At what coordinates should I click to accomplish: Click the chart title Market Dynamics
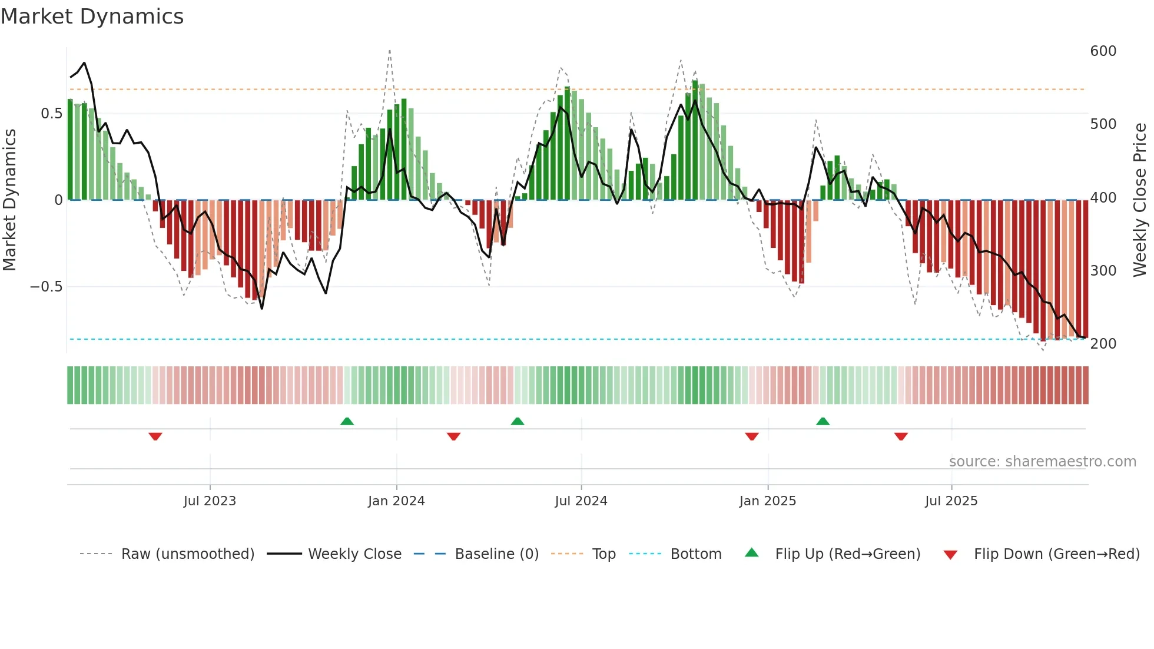point(92,16)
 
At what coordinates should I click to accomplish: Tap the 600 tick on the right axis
point(1103,51)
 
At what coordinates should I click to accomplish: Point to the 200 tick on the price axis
point(1103,344)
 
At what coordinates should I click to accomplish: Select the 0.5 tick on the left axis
point(51,114)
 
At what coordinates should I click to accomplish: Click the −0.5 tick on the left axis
point(47,287)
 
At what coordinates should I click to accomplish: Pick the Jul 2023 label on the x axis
point(210,501)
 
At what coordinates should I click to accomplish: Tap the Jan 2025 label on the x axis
point(767,501)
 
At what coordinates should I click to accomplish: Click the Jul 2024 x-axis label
point(581,501)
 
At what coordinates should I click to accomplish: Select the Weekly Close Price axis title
point(1140,200)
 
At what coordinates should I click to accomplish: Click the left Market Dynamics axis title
point(10,200)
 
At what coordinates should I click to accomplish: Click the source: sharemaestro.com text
point(1042,462)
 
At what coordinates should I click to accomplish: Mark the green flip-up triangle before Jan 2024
point(347,421)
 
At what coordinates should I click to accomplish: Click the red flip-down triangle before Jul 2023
point(155,436)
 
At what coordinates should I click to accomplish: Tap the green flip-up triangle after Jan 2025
point(823,421)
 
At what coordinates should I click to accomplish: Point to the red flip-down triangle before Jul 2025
point(901,436)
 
